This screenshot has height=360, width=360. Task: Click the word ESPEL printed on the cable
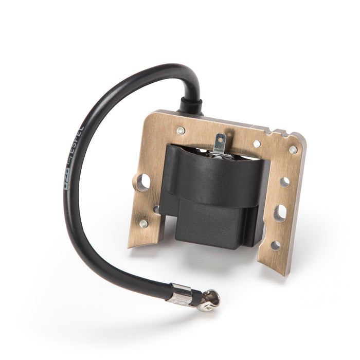pos(76,153)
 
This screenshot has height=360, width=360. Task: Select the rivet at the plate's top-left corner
pos(181,131)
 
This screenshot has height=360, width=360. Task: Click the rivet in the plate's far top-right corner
pos(293,150)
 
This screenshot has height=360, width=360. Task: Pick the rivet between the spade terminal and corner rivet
pos(257,143)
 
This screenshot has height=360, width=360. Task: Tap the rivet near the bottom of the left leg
pos(143,224)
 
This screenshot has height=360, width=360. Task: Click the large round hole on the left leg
pos(143,182)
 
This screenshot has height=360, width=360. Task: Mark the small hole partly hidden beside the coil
pos(156,209)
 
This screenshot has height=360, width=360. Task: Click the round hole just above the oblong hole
pos(284,182)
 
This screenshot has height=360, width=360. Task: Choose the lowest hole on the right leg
pos(276,245)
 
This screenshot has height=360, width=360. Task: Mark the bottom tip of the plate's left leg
pos(130,246)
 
